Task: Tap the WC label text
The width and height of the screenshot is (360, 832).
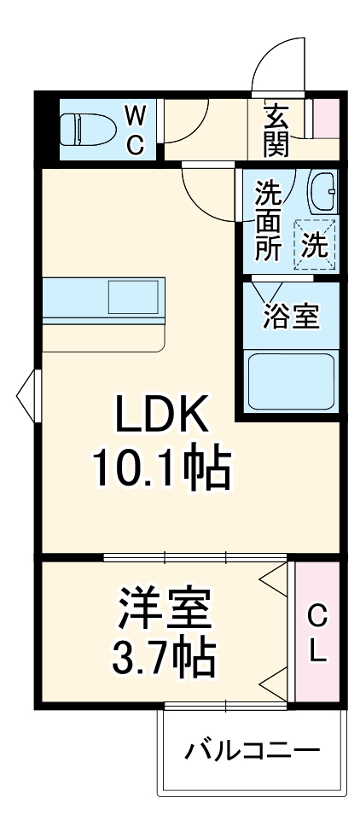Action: [135, 129]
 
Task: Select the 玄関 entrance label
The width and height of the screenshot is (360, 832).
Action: [276, 130]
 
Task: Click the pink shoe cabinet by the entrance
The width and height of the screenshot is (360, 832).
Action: [326, 119]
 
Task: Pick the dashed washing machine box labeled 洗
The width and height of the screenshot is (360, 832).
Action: [315, 245]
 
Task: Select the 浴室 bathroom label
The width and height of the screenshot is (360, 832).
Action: [291, 317]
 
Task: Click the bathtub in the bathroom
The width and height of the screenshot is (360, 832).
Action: [290, 381]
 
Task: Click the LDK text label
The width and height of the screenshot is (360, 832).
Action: [162, 418]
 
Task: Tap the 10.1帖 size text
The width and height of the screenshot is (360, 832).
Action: [162, 469]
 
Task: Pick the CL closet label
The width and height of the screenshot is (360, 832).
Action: [316, 633]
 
